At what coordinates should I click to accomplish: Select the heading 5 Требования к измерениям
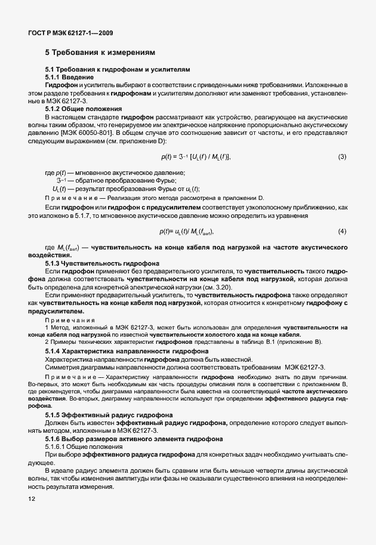(x=100, y=52)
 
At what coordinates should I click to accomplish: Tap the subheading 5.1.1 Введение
(x=69, y=78)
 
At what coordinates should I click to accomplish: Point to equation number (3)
(x=342, y=156)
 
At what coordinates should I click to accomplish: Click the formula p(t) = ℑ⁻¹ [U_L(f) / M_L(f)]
(x=195, y=156)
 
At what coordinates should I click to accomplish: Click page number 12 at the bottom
(x=32, y=499)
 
